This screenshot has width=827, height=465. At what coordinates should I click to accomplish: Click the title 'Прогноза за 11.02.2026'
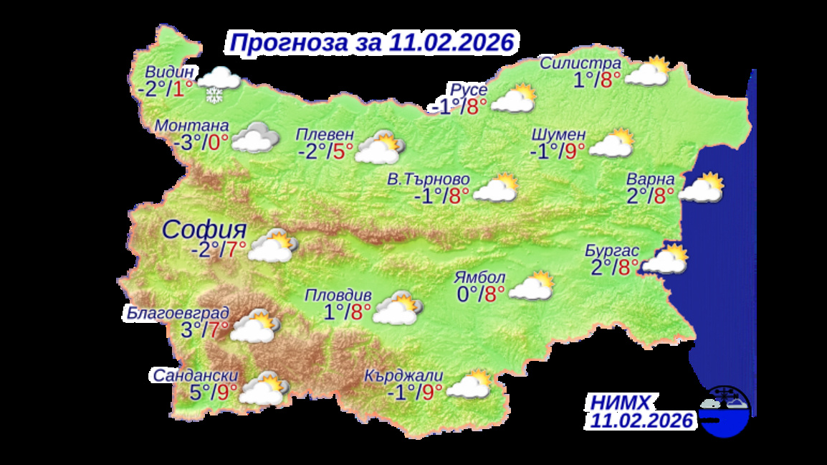[x=371, y=42]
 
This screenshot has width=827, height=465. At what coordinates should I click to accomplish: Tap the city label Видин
[x=169, y=72]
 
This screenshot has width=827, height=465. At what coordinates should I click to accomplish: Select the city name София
[x=204, y=230]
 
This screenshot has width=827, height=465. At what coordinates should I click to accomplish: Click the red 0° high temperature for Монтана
[x=218, y=142]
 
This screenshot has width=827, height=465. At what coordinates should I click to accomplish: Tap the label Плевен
[x=325, y=134]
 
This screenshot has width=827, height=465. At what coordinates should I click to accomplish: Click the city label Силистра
[x=580, y=62]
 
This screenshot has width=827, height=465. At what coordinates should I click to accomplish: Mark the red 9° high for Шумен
[x=575, y=150]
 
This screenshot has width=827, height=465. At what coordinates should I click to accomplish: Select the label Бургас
[x=608, y=250]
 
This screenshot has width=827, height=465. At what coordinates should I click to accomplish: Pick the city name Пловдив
[x=338, y=295]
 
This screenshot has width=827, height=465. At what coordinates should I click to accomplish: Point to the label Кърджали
[x=403, y=375]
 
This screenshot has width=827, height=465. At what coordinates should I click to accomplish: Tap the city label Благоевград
[x=176, y=313]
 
